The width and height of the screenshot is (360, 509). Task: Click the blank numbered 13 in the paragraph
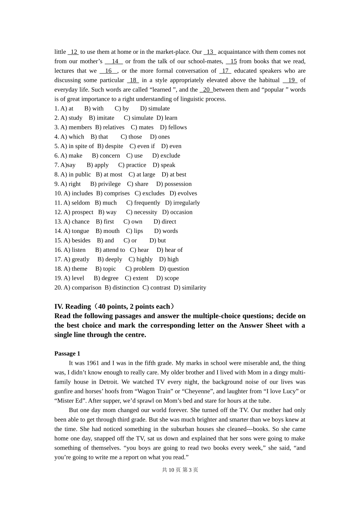210,52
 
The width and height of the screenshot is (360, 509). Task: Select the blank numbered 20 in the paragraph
206,90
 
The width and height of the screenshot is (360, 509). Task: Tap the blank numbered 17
225,71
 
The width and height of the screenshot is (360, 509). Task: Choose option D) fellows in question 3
173,127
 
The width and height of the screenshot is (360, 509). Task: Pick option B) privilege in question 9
105,184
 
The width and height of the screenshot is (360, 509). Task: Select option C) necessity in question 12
141,212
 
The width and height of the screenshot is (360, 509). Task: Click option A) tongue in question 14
77,231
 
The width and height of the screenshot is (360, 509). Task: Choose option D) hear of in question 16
169,250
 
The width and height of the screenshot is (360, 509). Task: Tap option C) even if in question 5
142,146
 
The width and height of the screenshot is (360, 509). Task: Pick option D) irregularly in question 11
182,203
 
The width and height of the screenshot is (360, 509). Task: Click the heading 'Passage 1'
67,354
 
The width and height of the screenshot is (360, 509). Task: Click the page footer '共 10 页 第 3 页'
180,470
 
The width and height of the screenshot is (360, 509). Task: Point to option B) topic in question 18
106,269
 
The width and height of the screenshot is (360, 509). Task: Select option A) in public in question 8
76,175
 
